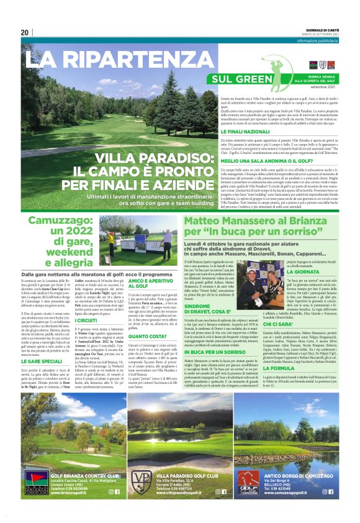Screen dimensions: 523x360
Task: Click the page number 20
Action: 25,32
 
